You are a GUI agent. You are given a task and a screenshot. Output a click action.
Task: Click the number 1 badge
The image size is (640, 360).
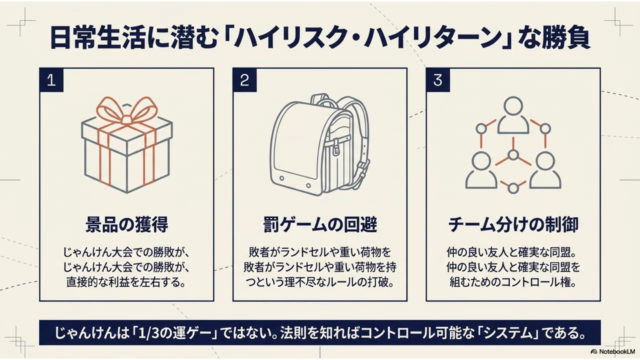tap(51, 80)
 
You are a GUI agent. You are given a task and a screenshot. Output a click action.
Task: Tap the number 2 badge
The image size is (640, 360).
tap(244, 80)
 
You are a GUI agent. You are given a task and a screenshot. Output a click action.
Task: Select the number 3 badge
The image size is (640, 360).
tap(438, 80)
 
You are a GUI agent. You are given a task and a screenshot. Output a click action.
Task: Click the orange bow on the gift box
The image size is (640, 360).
tap(127, 111)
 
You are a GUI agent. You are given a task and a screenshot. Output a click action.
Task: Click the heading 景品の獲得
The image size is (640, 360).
tap(126, 225)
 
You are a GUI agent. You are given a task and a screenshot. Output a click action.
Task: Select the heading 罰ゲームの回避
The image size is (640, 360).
tap(320, 225)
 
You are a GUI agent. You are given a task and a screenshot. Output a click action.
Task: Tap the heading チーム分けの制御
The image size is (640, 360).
tap(513, 225)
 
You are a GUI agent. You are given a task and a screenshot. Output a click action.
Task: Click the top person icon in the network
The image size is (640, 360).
tap(513, 115)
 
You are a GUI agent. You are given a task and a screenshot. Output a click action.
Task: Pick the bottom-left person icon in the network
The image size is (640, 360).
tap(481, 170)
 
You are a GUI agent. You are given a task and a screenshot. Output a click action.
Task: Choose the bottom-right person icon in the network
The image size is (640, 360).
tap(545, 170)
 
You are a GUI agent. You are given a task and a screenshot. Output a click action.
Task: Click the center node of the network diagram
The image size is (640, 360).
tap(513, 155)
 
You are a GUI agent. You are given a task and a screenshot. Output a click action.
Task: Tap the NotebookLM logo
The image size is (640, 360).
tap(613, 351)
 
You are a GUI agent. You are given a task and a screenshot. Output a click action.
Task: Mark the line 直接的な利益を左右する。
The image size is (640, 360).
tap(126, 282)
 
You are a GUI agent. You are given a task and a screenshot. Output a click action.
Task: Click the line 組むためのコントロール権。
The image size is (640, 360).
tap(513, 282)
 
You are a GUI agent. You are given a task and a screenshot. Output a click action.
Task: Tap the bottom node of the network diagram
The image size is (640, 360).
tap(513, 188)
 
